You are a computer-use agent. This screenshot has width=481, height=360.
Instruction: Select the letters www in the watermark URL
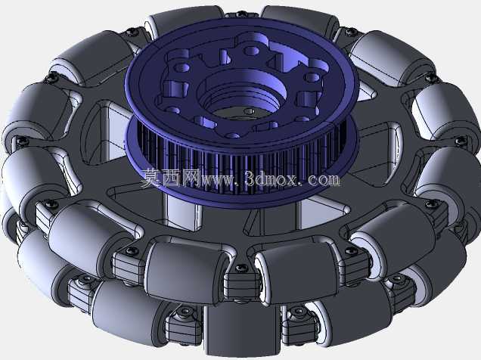click(x=219, y=180)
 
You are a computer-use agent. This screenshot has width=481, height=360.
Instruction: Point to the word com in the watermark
click(x=323, y=180)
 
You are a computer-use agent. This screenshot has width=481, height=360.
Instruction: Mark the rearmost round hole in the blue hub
click(x=252, y=51)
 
